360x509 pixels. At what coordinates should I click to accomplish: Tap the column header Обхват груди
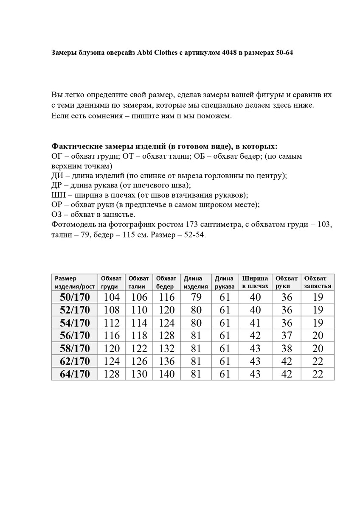coord(111,282)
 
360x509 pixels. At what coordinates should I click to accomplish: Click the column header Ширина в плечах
coord(255,282)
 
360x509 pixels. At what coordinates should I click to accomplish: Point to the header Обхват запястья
coord(318,282)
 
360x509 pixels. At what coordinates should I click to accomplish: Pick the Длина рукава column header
coord(224,282)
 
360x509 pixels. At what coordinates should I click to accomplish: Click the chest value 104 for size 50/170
coord(111,297)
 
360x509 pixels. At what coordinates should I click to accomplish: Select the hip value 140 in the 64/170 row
coord(166,374)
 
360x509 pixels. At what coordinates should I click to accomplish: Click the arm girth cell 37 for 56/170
coord(287,336)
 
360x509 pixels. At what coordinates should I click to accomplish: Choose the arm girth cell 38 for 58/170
coord(287,348)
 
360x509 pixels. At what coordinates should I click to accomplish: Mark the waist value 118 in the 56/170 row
coord(138,336)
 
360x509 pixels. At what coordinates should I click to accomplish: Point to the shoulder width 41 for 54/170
coord(255,323)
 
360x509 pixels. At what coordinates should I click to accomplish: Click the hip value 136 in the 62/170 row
coord(166,361)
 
